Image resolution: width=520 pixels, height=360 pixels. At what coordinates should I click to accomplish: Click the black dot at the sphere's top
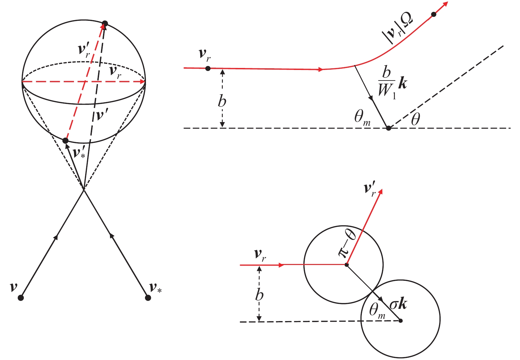(105, 23)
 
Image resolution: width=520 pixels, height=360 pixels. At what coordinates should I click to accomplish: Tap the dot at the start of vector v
(20, 298)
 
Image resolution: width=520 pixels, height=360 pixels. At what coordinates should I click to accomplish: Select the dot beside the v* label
(148, 298)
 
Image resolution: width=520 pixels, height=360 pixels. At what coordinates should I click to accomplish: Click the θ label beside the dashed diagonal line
(415, 119)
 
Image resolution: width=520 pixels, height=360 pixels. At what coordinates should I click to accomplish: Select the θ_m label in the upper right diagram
(362, 118)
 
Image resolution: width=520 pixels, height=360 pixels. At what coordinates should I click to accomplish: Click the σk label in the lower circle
(398, 304)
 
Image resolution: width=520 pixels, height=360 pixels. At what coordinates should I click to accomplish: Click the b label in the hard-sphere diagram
(260, 295)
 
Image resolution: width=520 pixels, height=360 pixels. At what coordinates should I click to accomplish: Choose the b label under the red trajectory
(222, 101)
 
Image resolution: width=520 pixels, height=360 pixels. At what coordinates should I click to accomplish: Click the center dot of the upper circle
(346, 265)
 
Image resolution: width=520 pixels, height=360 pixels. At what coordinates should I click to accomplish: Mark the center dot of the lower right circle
(400, 320)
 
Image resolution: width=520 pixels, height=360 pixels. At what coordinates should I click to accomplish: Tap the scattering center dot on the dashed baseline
(389, 128)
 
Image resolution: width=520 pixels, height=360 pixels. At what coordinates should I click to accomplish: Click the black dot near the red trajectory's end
(434, 15)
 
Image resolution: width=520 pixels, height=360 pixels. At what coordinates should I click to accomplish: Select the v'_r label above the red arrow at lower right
(370, 189)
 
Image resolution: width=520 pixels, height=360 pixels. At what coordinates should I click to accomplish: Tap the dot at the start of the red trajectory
(208, 68)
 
